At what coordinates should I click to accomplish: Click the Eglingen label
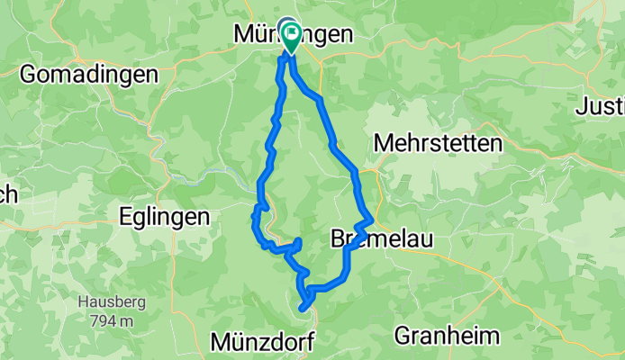pos(165,217)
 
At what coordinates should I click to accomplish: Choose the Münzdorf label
pos(264,341)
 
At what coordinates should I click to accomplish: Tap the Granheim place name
pos(447,337)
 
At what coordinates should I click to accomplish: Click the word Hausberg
pos(107,302)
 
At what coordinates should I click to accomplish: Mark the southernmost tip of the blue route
pos(302,310)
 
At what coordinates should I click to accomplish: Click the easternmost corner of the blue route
pos(371,219)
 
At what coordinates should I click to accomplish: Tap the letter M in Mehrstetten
pos(382,144)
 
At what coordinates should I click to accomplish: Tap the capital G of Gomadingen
pos(28,75)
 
